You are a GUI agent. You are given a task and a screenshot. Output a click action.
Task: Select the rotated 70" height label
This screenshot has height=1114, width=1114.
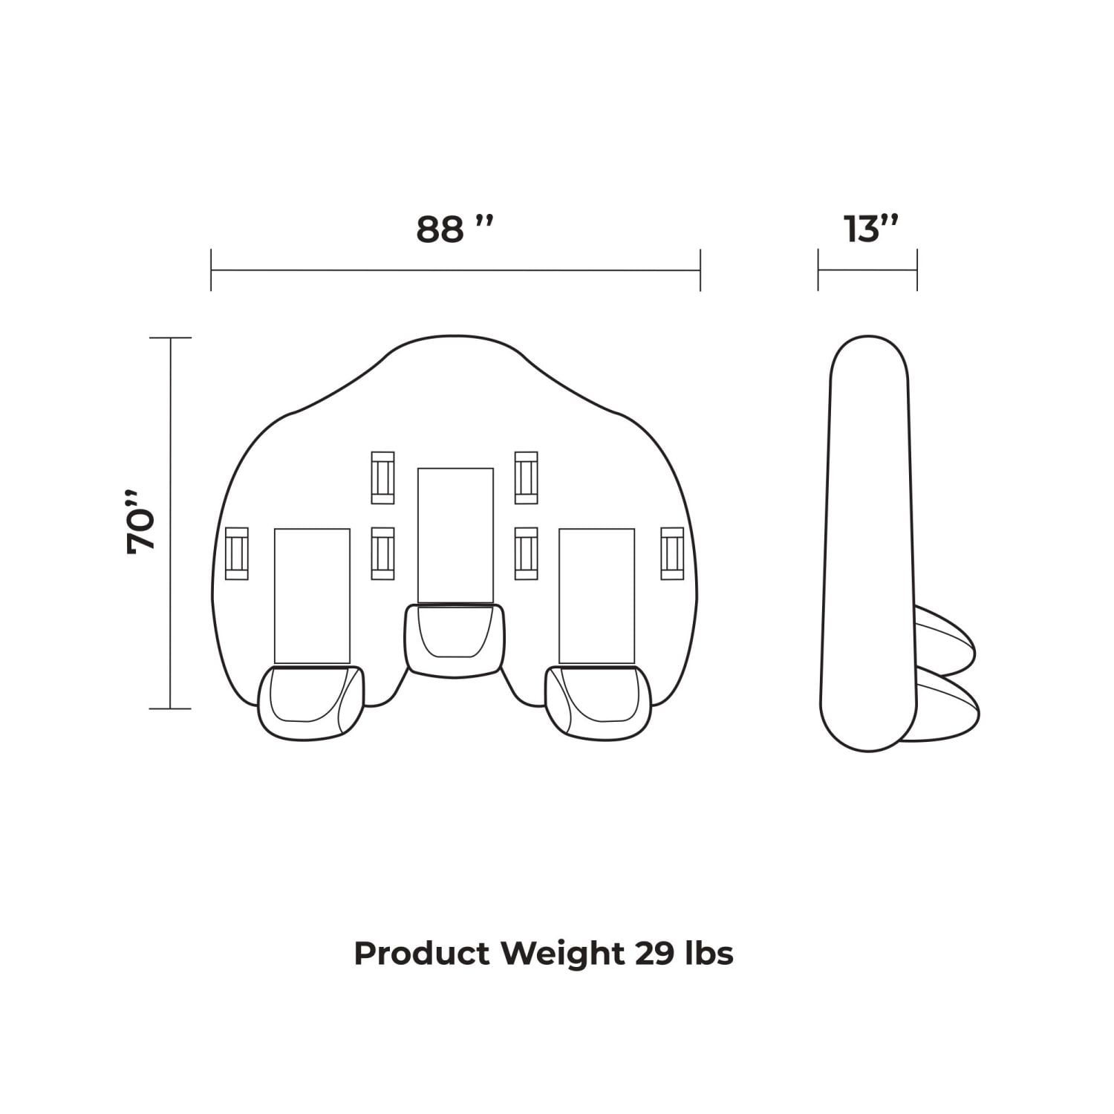[141, 522]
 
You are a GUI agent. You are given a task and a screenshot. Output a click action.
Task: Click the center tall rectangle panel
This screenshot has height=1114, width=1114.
[456, 535]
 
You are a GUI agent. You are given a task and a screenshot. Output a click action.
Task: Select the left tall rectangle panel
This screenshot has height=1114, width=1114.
[312, 596]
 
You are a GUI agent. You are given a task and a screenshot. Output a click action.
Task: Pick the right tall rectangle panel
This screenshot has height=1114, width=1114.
[597, 596]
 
